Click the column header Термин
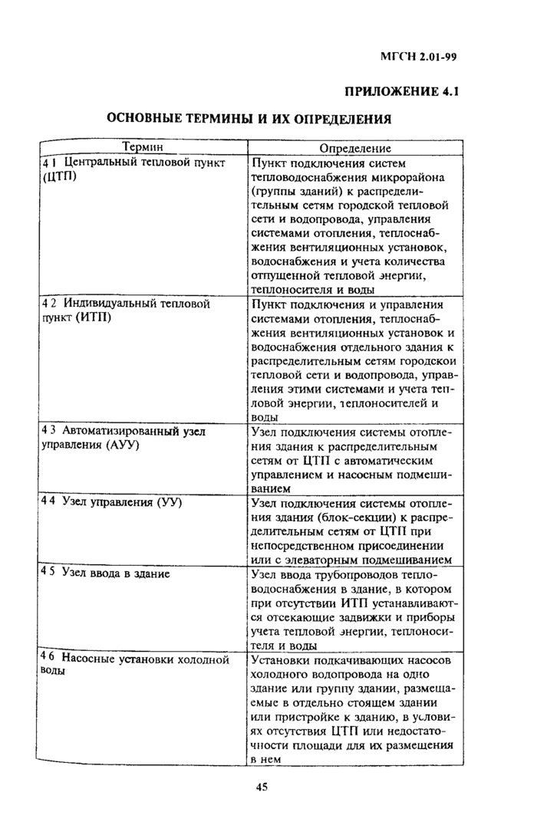[x=143, y=147]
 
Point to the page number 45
[x=261, y=787]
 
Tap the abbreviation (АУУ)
[x=116, y=445]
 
